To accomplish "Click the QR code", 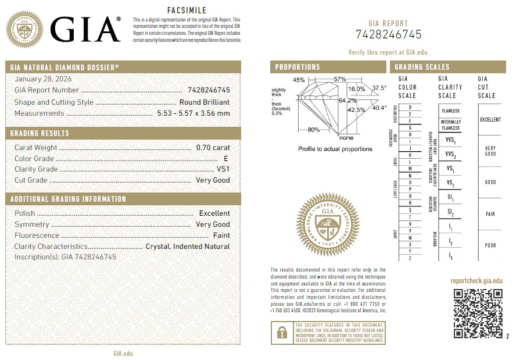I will click(478, 313).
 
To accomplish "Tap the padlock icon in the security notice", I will click(282, 332).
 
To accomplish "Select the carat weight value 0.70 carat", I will click(213, 148).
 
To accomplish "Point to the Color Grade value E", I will click(227, 158).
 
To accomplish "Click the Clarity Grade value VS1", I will click(223, 169).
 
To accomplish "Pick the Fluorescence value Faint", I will click(221, 236).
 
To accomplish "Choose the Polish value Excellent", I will click(214, 213).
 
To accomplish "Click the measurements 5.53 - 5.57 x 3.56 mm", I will click(193, 113).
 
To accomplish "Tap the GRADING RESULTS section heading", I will click(40, 134).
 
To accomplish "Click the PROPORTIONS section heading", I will click(298, 67).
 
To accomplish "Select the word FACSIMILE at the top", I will click(187, 10).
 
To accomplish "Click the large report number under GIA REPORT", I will click(389, 34).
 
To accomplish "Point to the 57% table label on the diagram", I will click(340, 79).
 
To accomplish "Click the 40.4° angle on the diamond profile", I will click(379, 108).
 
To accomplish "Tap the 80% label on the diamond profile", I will click(314, 129).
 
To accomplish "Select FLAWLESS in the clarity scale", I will click(451, 111).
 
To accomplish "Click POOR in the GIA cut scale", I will click(490, 245).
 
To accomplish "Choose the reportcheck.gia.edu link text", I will click(476, 281).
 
